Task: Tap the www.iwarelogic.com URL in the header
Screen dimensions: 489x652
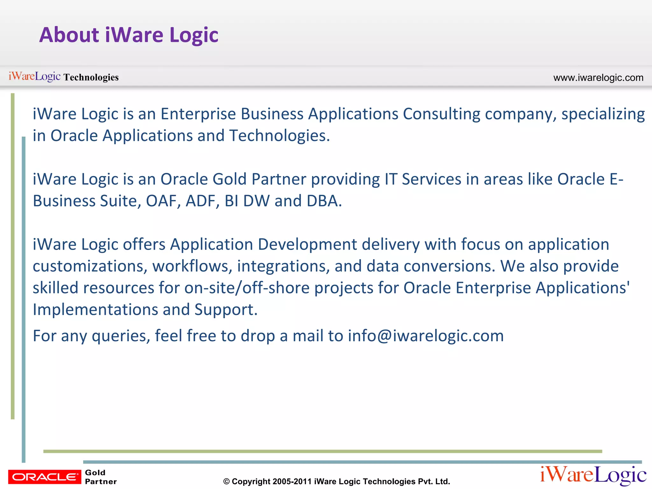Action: coord(598,78)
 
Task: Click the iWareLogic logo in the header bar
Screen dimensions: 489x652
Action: coord(34,76)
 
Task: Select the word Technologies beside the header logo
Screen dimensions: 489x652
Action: coord(91,77)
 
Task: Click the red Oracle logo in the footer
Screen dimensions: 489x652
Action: coord(45,477)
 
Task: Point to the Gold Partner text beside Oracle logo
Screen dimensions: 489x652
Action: coord(100,477)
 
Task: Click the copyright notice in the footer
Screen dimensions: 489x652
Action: coord(337,481)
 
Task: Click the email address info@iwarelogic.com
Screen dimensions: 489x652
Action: coord(426,336)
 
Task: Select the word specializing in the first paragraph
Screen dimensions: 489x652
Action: coord(603,114)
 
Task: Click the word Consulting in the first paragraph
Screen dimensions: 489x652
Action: coord(442,114)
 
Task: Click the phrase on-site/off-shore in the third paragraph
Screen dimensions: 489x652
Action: coord(247,288)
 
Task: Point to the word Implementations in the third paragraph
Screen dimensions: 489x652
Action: coord(95,310)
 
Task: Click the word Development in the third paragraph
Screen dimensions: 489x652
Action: coord(307,244)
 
